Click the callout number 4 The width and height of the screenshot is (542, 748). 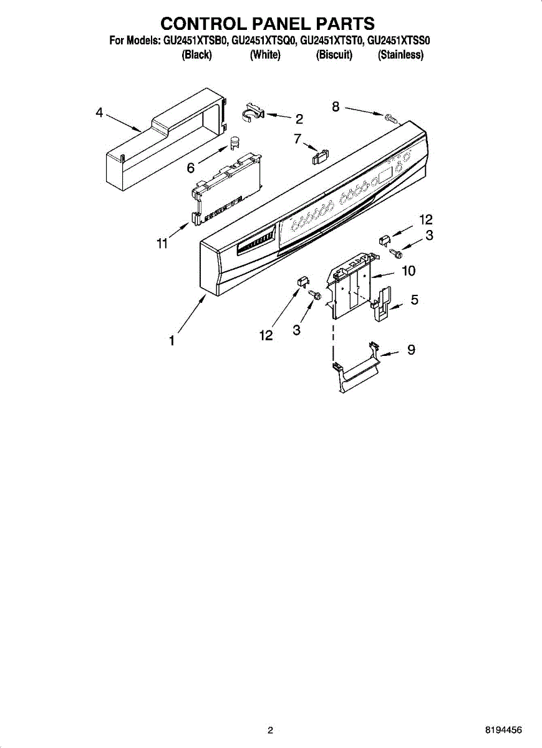(99, 113)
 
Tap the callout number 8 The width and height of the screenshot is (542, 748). (336, 107)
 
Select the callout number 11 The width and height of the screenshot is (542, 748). (162, 244)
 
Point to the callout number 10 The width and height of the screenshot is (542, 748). (409, 271)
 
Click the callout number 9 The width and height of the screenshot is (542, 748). (411, 350)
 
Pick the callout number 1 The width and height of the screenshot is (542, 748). (171, 341)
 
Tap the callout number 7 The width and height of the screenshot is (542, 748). (298, 139)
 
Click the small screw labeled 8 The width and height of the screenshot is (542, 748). (391, 117)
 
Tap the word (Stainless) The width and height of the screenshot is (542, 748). (400, 55)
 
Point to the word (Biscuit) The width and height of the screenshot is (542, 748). (334, 55)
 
